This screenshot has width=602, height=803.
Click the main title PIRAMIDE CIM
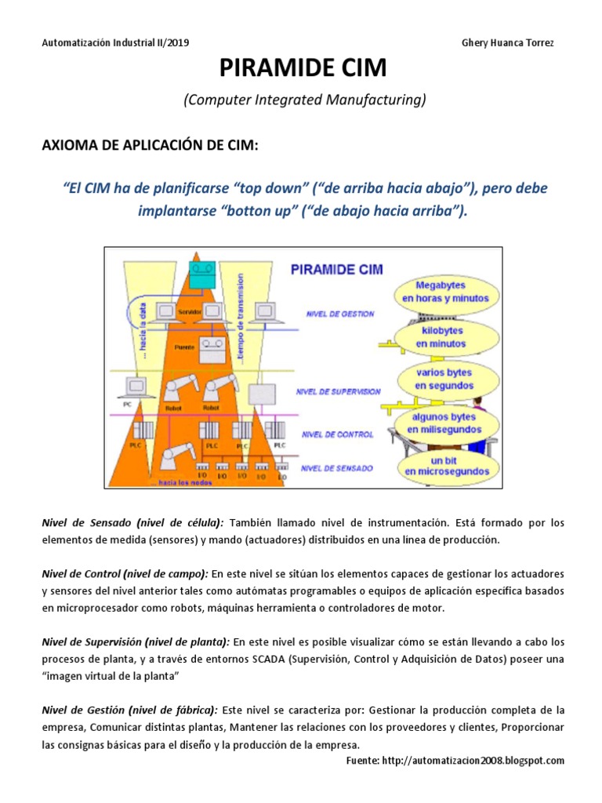pos(302,68)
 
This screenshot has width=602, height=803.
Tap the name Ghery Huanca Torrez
pos(508,42)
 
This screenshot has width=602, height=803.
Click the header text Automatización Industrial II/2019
pos(114,42)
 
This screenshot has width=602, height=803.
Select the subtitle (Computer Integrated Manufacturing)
pos(304,100)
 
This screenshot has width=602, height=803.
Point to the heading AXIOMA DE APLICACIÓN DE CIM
pos(149,146)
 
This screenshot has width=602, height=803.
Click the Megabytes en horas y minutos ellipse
pos(445,292)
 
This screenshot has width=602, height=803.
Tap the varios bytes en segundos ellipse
pos(444,380)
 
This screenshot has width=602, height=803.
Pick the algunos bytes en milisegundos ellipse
pos(444,423)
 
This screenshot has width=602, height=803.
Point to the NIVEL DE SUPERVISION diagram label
pos(339,391)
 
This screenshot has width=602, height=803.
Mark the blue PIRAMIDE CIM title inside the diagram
pos(336,269)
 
